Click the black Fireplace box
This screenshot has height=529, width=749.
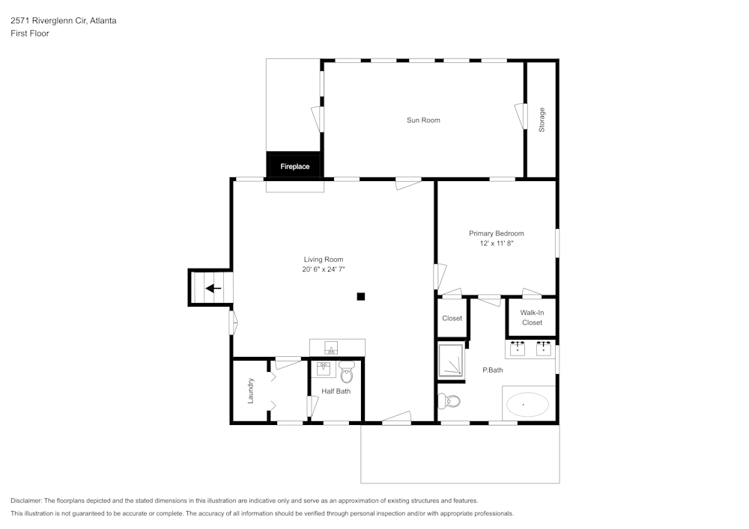pos(294,166)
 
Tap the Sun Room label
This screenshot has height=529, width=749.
pos(423,120)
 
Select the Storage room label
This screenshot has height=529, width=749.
pos(542,120)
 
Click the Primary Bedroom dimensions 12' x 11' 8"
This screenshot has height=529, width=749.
pos(496,243)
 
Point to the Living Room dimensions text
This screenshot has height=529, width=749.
pos(324,269)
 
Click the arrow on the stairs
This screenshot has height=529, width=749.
pos(213,288)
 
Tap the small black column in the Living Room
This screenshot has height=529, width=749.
pos(360,296)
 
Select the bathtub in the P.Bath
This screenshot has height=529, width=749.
pos(527,405)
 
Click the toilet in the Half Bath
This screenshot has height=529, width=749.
pos(346,372)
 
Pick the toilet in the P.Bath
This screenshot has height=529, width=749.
pos(450,401)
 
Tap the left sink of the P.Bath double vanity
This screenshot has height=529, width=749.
pos(518,348)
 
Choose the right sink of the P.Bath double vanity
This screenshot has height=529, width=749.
pos(544,348)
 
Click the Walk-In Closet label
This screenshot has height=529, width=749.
pos(532,317)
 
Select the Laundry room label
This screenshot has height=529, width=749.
pos(251,391)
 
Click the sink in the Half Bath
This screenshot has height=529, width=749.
pos(324,369)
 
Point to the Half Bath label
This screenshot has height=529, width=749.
pos(336,391)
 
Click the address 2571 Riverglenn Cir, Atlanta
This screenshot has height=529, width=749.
pos(63,21)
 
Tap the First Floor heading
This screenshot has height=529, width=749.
pos(30,34)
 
